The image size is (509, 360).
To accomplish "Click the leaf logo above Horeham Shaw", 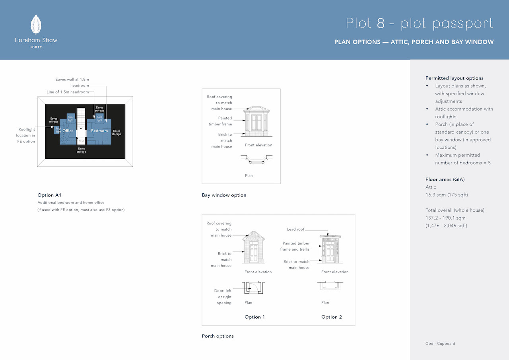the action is [x=36, y=25].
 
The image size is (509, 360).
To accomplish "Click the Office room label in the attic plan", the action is [x=68, y=131].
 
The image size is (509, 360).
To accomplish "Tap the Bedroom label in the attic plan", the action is [x=99, y=131].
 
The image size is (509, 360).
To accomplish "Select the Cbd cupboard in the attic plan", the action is [x=81, y=141].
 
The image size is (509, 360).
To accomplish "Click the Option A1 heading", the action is [x=49, y=195].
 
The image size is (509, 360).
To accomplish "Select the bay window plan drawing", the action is [x=256, y=159].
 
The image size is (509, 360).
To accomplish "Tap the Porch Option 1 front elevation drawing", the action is [x=254, y=247].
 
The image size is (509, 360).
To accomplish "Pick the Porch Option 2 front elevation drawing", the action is [x=330, y=249].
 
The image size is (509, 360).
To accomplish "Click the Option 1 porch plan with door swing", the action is [x=254, y=288].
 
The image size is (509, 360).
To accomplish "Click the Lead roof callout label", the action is [x=295, y=229].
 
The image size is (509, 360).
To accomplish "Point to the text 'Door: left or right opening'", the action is [x=223, y=297].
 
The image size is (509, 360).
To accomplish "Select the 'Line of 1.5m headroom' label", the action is [x=68, y=92].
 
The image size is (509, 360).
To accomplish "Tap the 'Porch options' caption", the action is [x=218, y=336].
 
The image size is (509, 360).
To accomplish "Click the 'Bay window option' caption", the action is [x=224, y=195].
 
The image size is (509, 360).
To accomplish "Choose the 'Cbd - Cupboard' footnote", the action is [x=440, y=343].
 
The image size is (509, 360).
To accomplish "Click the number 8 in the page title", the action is [x=381, y=23].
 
